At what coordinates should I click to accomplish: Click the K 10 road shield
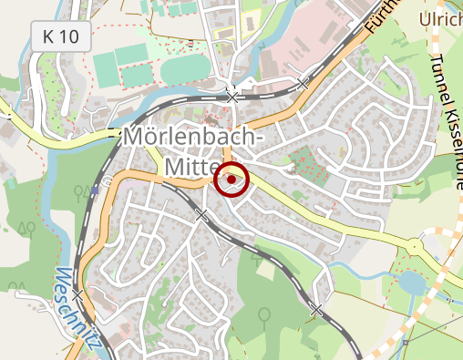click(x=61, y=37)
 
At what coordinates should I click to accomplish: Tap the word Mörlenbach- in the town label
click(x=192, y=139)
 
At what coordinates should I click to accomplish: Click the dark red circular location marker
click(x=232, y=180)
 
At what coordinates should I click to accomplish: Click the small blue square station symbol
click(x=95, y=190)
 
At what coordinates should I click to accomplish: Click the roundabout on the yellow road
click(x=415, y=246)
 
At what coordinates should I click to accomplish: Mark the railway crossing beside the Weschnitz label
click(x=77, y=293)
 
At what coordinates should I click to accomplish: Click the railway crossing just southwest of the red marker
click(x=202, y=215)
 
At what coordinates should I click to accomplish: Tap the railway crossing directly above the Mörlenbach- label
click(x=233, y=96)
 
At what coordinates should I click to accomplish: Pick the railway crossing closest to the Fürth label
click(x=304, y=83)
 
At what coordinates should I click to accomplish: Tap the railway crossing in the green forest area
click(x=315, y=310)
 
